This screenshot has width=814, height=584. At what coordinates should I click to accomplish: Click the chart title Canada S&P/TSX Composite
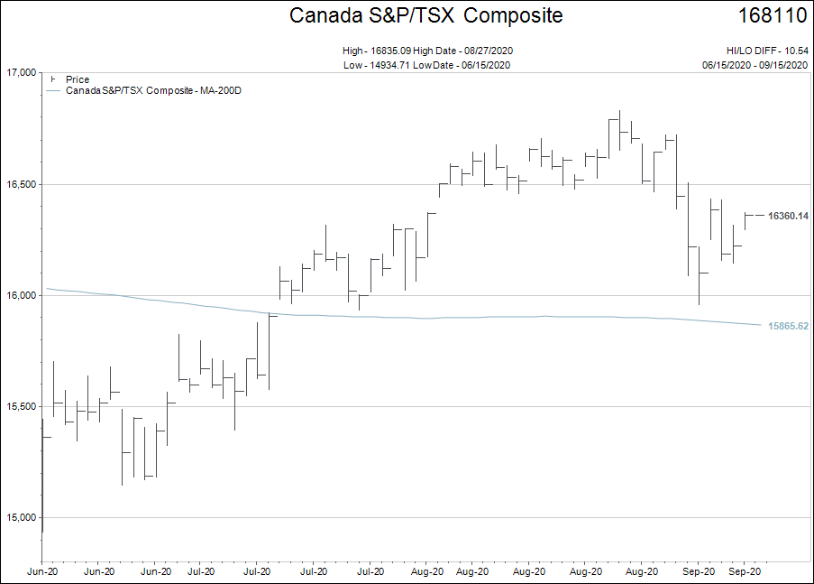click(x=425, y=15)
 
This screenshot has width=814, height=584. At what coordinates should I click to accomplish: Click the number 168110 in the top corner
click(x=773, y=15)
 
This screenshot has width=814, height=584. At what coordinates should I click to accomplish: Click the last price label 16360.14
click(x=788, y=216)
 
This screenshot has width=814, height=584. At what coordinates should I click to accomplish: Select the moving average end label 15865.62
click(x=788, y=326)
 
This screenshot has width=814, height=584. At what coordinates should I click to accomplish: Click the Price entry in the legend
click(x=78, y=79)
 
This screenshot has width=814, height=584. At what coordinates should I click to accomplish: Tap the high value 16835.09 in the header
click(x=390, y=51)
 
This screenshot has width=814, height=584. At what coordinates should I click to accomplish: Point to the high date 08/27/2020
click(x=487, y=51)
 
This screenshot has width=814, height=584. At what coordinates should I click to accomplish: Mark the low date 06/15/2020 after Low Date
click(x=486, y=64)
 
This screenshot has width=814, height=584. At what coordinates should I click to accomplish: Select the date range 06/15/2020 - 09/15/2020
click(x=755, y=64)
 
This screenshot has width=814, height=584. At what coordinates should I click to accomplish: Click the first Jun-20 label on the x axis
click(x=42, y=571)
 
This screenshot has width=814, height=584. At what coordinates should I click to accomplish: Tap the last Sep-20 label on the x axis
click(x=744, y=571)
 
